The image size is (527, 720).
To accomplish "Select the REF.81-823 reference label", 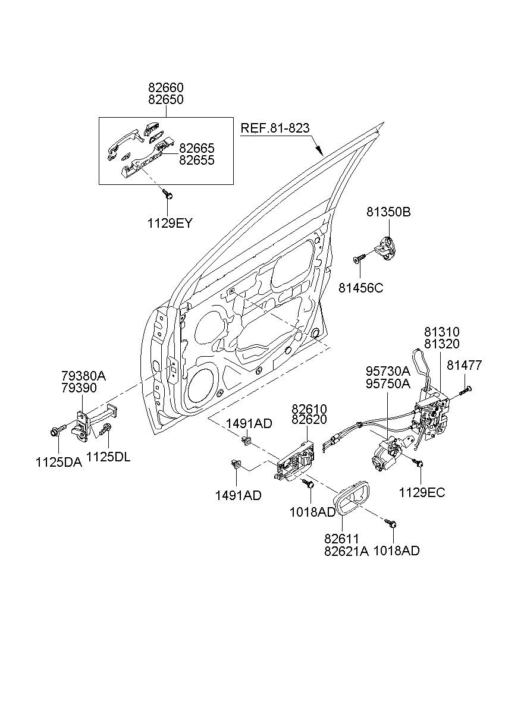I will click(x=275, y=128).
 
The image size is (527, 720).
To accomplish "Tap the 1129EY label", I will click(x=170, y=224).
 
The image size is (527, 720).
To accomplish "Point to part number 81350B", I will click(x=388, y=212).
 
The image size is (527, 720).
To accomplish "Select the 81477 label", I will click(x=465, y=366).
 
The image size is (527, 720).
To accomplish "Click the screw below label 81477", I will click(x=465, y=390).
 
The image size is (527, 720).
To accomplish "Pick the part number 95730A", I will click(x=387, y=371).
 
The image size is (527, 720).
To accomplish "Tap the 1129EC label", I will click(x=421, y=492).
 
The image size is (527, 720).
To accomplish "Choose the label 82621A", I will click(x=346, y=551).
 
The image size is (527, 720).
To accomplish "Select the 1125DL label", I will click(x=108, y=457).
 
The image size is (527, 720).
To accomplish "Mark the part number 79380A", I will click(x=83, y=375).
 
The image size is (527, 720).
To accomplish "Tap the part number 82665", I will click(x=196, y=148).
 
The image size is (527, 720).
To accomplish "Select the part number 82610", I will click(x=309, y=409).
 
